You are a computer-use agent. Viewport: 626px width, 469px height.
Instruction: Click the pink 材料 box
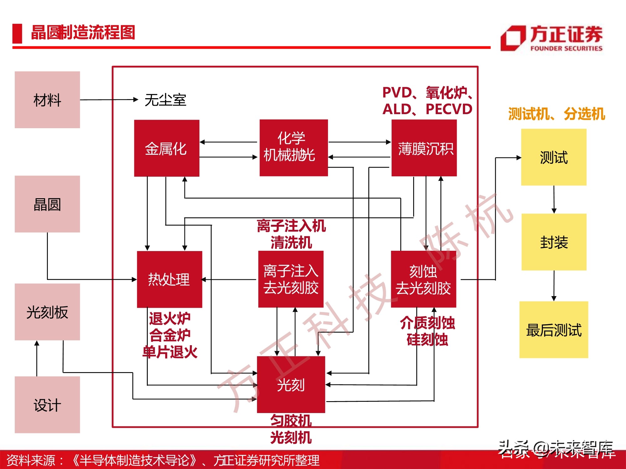click(47, 100)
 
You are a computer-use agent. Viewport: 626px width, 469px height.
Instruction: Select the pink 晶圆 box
click(47, 204)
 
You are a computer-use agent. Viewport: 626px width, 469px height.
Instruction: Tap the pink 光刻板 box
click(47, 312)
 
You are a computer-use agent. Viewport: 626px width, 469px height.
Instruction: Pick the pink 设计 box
click(47, 405)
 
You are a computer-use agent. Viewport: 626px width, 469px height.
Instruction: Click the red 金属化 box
click(167, 148)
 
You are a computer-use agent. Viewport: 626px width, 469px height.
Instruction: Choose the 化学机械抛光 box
click(294, 148)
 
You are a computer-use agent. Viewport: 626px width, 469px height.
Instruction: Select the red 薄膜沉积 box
click(424, 148)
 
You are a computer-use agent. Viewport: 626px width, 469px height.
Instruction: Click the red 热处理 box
click(169, 279)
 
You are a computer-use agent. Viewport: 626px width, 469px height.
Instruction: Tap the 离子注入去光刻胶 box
click(290, 279)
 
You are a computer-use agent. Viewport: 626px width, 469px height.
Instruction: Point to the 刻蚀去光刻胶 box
click(423, 279)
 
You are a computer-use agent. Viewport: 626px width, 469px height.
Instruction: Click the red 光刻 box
click(291, 385)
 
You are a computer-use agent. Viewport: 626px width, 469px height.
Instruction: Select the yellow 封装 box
click(554, 242)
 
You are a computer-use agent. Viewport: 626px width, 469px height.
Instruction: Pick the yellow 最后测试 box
click(554, 330)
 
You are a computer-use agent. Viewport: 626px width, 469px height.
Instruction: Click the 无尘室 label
click(165, 100)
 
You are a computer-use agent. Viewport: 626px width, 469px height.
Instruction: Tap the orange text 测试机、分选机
click(556, 114)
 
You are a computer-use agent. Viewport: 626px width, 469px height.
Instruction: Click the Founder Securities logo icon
click(513, 38)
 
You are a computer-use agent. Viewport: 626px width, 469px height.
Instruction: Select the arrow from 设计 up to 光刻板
click(37, 358)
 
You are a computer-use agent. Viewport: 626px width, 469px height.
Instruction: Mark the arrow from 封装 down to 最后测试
click(554, 286)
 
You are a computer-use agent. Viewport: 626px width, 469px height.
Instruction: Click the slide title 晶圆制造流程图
click(83, 33)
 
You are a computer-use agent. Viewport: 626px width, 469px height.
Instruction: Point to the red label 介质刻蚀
click(427, 323)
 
